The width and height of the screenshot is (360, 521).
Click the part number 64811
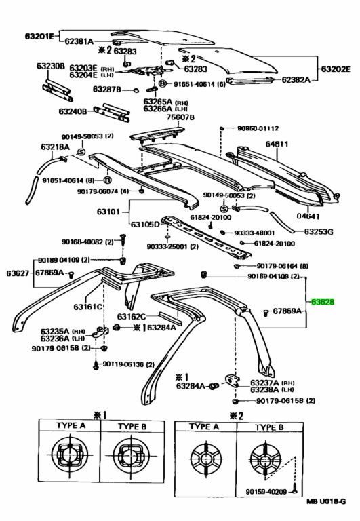(277, 144)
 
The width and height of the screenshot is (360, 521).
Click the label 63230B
(51, 66)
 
